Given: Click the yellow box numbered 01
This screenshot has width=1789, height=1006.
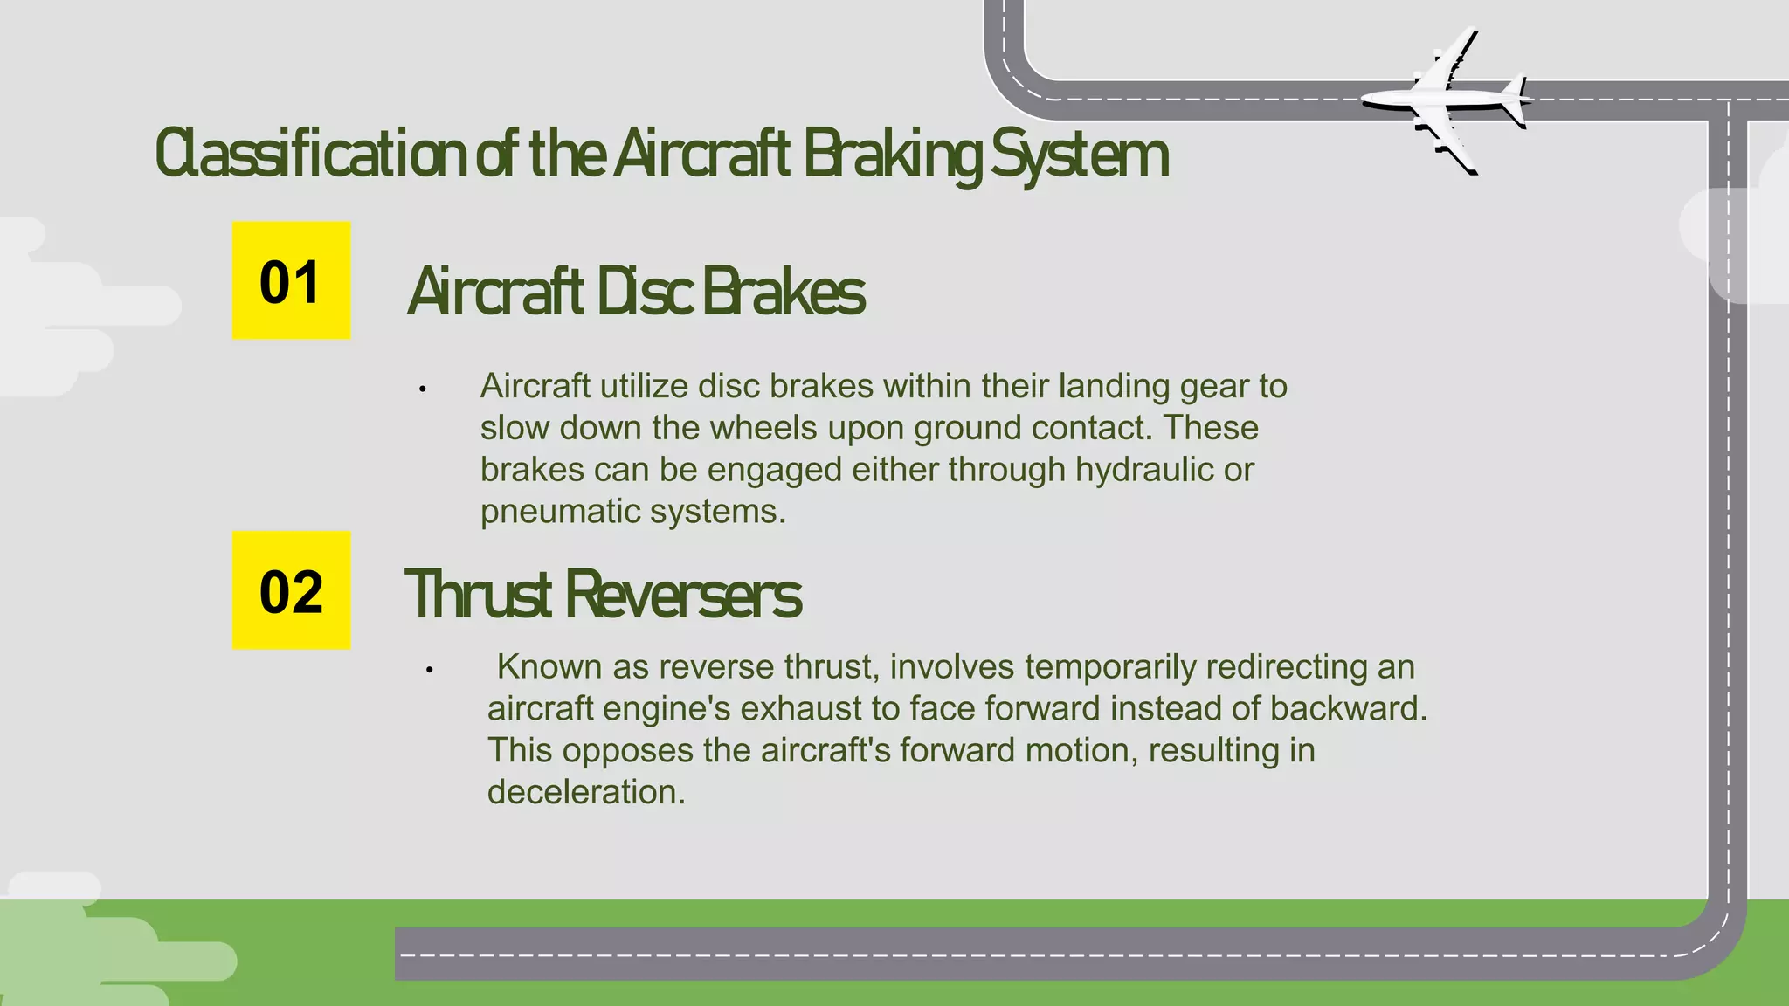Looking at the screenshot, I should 291,280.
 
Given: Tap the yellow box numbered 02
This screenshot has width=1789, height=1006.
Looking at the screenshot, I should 291,590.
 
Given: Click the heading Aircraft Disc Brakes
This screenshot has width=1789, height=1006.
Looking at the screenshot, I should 636,292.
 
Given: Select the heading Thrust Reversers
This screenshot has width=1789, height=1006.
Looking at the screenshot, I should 603,595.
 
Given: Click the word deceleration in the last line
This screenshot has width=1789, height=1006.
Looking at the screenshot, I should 585,792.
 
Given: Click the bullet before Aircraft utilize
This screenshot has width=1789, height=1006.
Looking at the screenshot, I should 422,389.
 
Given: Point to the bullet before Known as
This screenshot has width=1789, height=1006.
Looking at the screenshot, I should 429,670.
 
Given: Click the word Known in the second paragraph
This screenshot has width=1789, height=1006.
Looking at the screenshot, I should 549,667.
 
